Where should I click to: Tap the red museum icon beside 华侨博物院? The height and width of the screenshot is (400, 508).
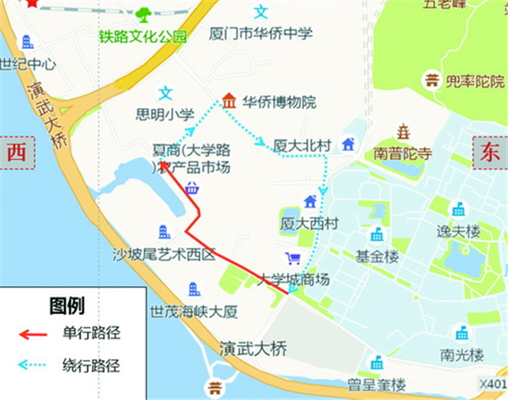(229, 101)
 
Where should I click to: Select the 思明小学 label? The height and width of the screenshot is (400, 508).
(166, 114)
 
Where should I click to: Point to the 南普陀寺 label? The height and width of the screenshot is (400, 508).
(407, 152)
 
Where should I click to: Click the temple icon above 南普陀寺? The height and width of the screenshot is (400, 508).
(402, 131)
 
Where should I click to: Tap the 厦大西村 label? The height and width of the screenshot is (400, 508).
(309, 222)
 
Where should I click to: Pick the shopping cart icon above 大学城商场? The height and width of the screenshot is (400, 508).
(293, 259)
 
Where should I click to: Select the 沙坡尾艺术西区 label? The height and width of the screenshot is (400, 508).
(164, 254)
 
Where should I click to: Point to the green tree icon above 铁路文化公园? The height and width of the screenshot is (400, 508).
(144, 14)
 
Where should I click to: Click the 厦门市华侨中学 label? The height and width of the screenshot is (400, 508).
(261, 35)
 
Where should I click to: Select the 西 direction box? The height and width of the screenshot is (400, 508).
(16, 153)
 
